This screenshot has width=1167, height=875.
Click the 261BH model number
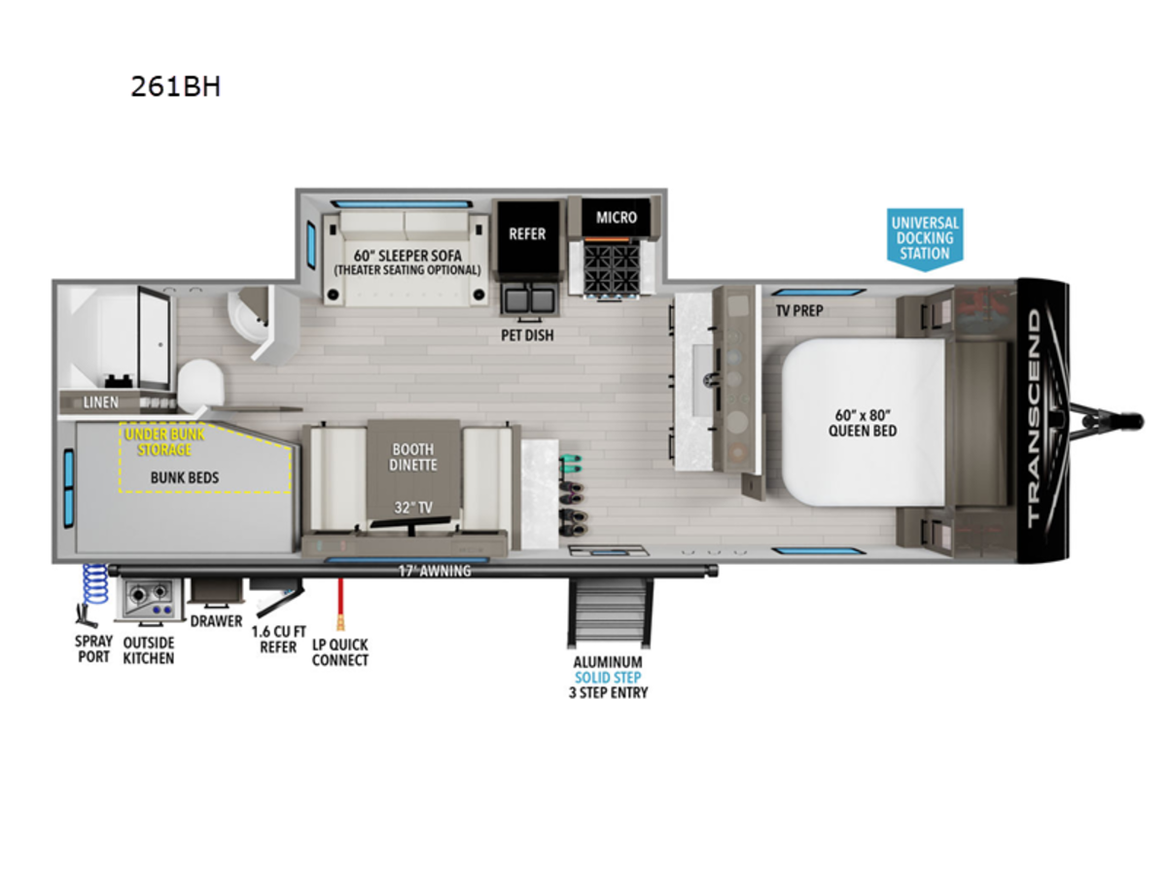click(175, 87)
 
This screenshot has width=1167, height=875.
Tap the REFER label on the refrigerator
click(527, 233)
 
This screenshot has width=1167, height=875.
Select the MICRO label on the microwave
click(617, 217)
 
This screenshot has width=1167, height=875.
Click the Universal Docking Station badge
click(925, 239)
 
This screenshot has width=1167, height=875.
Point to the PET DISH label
click(527, 335)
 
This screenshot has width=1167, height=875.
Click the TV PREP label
click(799, 310)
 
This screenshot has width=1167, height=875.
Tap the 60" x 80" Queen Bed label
click(863, 423)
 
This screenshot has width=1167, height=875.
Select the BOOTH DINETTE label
click(412, 457)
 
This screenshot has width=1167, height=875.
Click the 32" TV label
click(413, 507)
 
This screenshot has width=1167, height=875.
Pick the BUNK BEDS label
click(185, 477)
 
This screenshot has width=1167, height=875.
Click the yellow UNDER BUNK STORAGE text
click(164, 442)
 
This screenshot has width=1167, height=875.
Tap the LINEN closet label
click(100, 402)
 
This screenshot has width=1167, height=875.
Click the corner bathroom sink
click(248, 316)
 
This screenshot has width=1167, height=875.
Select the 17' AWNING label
click(435, 571)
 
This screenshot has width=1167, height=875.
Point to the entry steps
click(611, 612)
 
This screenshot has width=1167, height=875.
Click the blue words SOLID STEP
click(608, 678)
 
